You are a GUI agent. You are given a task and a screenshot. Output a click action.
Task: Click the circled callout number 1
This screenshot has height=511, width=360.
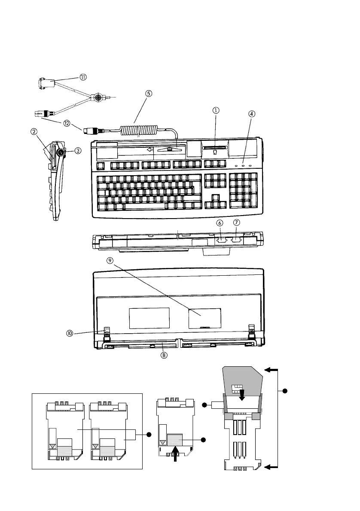[x=216, y=110]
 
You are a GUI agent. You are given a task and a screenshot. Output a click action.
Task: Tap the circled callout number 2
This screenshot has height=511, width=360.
[x=34, y=132]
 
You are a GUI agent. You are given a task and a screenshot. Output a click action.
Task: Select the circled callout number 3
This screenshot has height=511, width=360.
[x=78, y=151]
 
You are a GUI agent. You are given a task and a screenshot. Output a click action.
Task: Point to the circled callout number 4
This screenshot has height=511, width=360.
[x=251, y=114]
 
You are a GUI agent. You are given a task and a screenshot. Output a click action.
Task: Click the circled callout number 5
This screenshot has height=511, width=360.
[x=149, y=94]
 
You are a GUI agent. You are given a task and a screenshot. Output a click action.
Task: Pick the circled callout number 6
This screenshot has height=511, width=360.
[x=220, y=223]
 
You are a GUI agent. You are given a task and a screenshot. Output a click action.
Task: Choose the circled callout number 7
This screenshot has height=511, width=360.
[x=237, y=222]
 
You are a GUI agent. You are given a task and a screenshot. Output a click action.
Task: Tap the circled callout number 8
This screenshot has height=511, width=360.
[x=164, y=355]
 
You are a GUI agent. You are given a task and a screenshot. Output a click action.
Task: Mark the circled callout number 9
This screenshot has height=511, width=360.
[x=110, y=260]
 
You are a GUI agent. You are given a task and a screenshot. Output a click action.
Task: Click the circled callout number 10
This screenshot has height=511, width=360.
[x=70, y=333]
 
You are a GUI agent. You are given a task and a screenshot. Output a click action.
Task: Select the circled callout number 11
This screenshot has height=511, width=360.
[x=83, y=77]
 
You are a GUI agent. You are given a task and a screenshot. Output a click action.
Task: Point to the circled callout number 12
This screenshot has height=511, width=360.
[x=67, y=124]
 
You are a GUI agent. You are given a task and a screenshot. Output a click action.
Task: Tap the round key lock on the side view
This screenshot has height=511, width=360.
[x=61, y=152]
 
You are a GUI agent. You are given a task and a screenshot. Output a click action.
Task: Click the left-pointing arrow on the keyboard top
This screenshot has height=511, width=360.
[x=150, y=149]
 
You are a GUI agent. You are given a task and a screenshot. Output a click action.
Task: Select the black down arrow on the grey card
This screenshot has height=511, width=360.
[x=241, y=395]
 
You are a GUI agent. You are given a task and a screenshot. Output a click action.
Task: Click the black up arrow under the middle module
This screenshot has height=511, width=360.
[x=176, y=453]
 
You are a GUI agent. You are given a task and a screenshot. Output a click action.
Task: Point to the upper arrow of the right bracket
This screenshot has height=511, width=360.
[x=271, y=370]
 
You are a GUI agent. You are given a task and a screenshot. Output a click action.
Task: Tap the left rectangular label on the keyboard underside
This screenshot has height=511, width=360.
[x=149, y=318]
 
